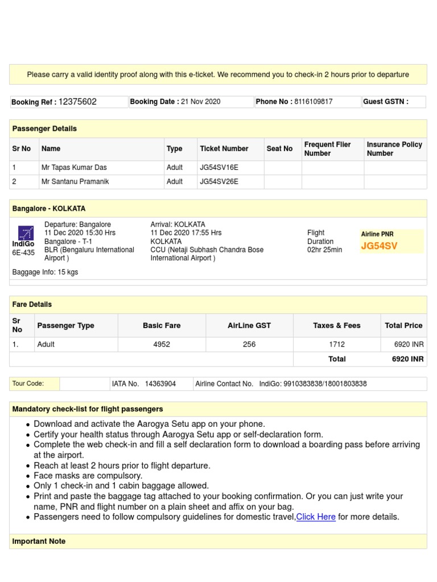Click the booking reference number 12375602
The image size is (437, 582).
click(77, 102)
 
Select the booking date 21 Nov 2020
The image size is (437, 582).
click(200, 102)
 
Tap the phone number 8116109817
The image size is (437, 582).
click(314, 102)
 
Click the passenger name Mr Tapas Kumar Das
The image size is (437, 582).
click(74, 168)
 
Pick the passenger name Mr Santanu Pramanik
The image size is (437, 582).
click(75, 182)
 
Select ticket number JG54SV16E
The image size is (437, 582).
click(219, 168)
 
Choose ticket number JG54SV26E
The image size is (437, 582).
click(219, 182)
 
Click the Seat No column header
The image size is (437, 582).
click(279, 149)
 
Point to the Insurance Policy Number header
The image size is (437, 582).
click(394, 149)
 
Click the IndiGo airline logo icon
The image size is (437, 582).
click(26, 232)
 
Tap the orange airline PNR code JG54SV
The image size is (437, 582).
click(379, 246)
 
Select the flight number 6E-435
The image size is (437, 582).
click(23, 253)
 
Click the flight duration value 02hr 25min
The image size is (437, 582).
click(324, 250)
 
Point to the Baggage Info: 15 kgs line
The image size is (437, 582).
click(45, 272)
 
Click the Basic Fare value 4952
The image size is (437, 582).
click(162, 344)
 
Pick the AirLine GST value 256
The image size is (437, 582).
click(249, 344)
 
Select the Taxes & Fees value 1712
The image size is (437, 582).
click(337, 344)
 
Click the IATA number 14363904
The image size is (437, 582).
click(160, 384)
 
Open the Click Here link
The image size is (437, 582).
click(316, 517)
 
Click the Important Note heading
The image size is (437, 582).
click(39, 542)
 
